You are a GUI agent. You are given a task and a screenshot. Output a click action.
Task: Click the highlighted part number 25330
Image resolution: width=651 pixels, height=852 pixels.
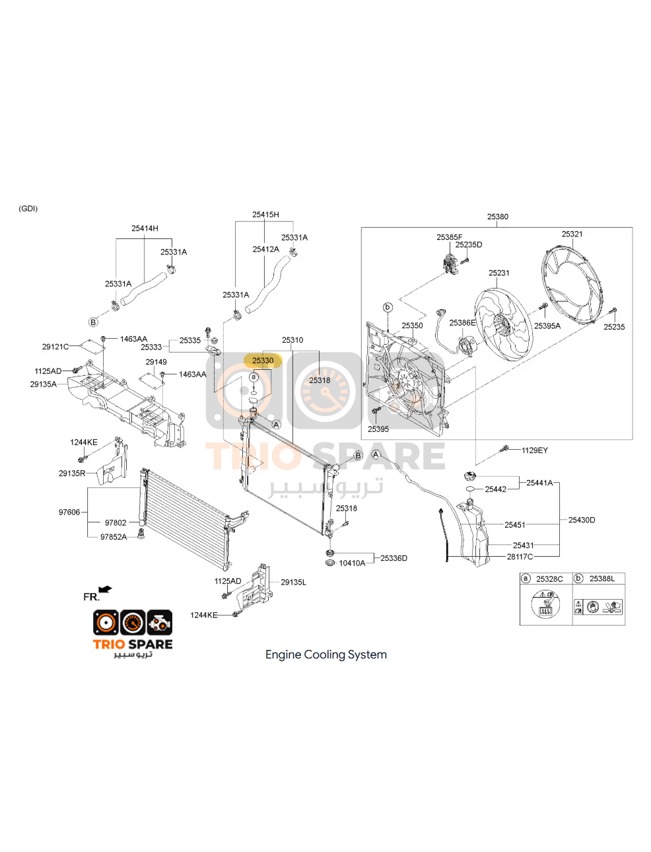(x=263, y=361)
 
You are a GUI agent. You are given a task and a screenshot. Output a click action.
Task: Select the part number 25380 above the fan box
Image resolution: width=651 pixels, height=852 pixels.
(x=497, y=217)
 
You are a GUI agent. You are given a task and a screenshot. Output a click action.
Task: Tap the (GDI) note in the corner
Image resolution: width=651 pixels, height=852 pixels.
(x=28, y=209)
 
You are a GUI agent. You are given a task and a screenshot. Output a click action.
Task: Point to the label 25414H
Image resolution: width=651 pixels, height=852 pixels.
(x=145, y=229)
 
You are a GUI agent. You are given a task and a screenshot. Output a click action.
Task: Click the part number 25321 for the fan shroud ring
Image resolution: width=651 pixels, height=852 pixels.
(x=572, y=234)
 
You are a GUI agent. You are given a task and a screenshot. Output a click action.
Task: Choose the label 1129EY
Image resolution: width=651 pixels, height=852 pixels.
(x=535, y=450)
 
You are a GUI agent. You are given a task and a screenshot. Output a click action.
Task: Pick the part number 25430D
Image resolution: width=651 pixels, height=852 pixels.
(x=582, y=520)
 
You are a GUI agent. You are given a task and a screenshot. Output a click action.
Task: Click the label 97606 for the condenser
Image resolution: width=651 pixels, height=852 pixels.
(x=69, y=512)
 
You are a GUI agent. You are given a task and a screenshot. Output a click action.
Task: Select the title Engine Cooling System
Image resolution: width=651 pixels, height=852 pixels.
(x=326, y=655)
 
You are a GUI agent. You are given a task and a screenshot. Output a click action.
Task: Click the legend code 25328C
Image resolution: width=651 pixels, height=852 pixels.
(x=549, y=579)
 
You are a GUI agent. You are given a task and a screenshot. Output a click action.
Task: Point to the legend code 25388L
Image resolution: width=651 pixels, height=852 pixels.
(x=602, y=579)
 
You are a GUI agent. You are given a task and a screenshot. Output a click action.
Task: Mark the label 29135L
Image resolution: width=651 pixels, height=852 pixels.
(x=293, y=582)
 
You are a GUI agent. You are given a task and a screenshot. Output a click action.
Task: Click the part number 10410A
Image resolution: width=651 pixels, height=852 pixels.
(x=352, y=563)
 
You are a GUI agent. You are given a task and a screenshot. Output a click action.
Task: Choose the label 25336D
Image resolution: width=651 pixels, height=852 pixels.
(x=394, y=558)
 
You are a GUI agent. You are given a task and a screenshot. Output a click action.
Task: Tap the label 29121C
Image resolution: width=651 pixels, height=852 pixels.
(x=55, y=347)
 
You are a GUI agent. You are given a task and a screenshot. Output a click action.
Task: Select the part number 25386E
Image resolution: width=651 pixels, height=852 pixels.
(x=462, y=322)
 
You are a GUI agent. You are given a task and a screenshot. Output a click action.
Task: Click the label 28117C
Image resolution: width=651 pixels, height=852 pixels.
(x=520, y=557)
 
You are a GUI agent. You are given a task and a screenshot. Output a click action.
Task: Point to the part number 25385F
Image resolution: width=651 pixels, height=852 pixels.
(x=449, y=237)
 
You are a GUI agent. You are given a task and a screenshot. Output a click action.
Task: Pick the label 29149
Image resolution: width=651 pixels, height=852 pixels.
(x=156, y=362)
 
